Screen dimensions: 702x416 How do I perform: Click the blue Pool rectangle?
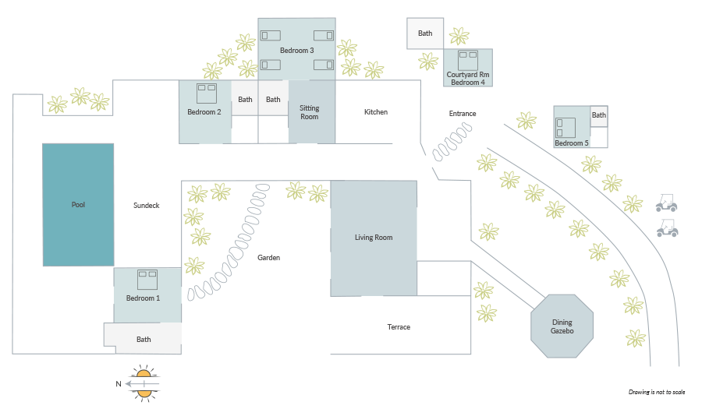click(78, 205)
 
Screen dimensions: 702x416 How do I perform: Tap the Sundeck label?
click(147, 206)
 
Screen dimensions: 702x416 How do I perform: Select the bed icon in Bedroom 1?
click(147, 280)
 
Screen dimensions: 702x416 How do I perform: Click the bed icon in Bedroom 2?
click(207, 93)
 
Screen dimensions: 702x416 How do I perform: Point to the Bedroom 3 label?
click(297, 51)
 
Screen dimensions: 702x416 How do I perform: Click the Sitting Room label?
click(310, 112)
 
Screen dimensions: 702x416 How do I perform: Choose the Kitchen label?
click(376, 112)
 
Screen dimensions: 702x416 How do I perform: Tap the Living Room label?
click(374, 238)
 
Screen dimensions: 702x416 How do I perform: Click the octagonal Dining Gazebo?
click(562, 326)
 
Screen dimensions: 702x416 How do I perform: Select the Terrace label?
click(399, 327)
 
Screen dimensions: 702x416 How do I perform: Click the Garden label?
click(268, 258)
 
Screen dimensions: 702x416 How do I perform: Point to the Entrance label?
click(463, 114)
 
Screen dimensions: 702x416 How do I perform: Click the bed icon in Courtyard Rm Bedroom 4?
click(468, 61)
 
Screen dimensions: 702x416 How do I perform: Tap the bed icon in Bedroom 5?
click(565, 128)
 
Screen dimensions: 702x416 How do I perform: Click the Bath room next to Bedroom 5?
click(599, 116)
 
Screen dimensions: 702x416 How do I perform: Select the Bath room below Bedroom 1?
click(144, 338)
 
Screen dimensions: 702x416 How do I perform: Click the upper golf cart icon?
click(667, 203)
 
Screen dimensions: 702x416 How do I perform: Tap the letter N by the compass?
click(119, 384)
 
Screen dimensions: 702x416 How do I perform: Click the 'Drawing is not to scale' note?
click(657, 392)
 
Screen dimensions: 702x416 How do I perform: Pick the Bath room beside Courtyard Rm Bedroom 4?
click(425, 33)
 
